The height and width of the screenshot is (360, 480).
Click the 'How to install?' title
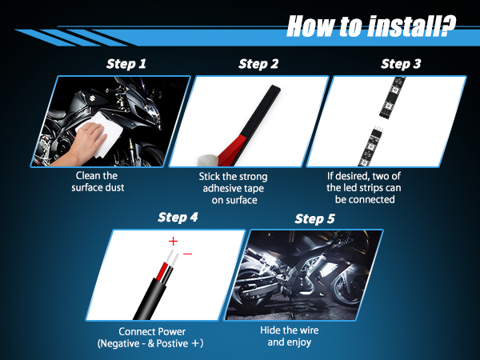click(x=371, y=26)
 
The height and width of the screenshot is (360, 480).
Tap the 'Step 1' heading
click(x=126, y=64)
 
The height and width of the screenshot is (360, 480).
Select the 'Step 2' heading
click(x=258, y=64)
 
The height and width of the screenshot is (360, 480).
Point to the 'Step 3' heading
click(x=401, y=64)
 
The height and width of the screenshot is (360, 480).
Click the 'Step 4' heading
click(x=178, y=218)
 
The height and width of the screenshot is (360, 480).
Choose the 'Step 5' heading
click(x=314, y=219)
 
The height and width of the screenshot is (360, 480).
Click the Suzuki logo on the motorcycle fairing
click(x=91, y=98)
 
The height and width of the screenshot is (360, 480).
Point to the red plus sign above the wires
click(x=173, y=242)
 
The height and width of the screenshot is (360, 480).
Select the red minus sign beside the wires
click(x=188, y=254)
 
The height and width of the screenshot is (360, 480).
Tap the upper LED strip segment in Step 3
click(x=393, y=98)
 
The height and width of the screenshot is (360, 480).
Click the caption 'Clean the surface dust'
click(x=98, y=182)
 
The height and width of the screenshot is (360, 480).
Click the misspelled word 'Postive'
click(x=172, y=343)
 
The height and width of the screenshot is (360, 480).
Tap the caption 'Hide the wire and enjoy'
click(x=290, y=336)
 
